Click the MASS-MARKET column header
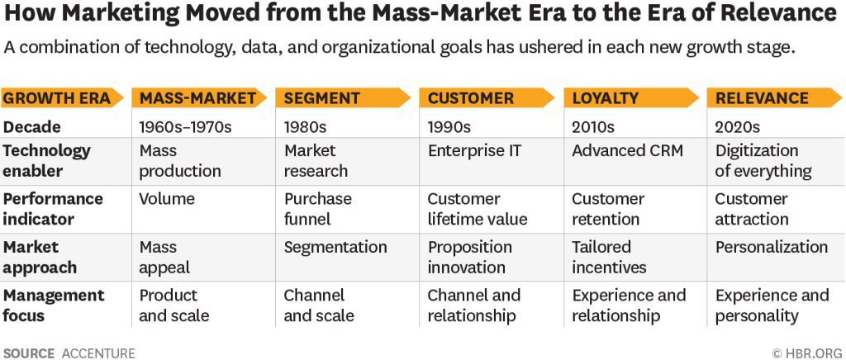(x=197, y=98)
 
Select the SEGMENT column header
(x=321, y=98)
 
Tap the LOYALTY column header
(x=605, y=98)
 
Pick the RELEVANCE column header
(x=762, y=98)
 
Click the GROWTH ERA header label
(x=56, y=98)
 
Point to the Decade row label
(x=32, y=127)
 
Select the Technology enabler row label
(x=46, y=161)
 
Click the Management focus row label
(x=54, y=306)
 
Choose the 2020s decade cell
(x=738, y=127)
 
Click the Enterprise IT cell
(x=475, y=151)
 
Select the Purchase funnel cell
(x=318, y=209)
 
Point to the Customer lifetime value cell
(x=477, y=209)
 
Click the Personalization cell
(x=771, y=247)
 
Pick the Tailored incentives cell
(x=609, y=257)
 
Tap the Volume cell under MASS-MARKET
(x=167, y=199)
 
